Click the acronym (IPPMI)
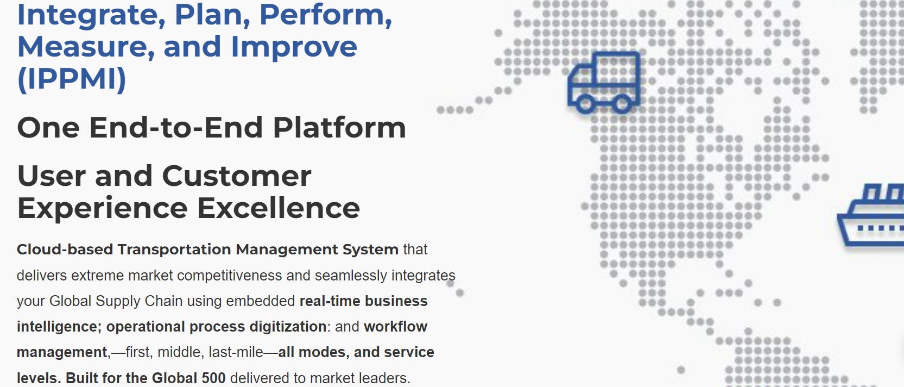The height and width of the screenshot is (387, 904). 72,79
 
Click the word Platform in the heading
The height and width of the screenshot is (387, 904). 339,128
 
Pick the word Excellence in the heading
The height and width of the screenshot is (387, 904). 278,208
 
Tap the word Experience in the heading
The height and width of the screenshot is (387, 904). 103,208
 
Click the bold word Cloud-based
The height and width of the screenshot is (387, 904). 65,249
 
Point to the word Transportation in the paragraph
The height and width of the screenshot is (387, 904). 174,249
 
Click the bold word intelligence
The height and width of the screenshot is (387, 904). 57,327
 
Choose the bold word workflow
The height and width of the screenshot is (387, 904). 395,327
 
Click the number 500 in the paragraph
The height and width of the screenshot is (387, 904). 213,378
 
